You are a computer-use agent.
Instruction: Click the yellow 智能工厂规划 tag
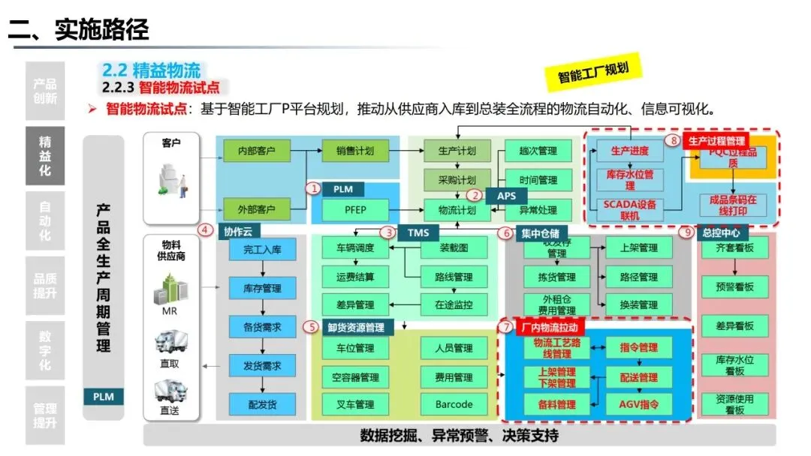593,72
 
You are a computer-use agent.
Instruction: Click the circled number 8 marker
674,140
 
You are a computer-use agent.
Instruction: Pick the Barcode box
454,404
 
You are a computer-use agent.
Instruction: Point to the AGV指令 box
638,404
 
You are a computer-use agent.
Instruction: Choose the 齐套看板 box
734,247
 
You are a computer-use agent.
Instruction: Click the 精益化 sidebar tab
45,157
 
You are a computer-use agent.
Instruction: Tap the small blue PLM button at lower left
104,396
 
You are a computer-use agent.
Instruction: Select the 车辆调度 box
348,247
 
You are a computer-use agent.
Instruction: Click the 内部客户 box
256,151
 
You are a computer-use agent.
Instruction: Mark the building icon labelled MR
170,289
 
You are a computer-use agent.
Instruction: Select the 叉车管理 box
348,404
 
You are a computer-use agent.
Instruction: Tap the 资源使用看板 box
734,404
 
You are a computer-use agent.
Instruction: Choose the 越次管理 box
538,151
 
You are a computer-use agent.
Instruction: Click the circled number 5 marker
310,326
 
